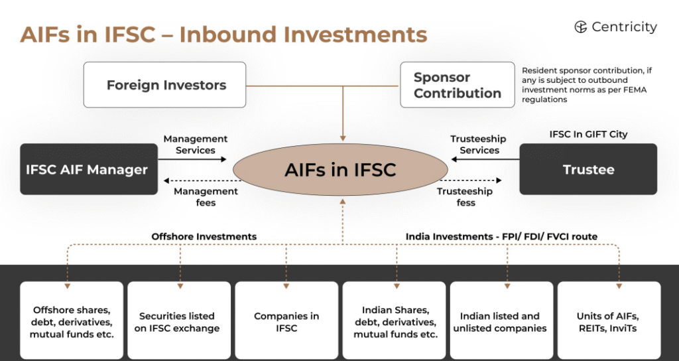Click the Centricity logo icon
(x=581, y=27)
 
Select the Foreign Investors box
(x=165, y=85)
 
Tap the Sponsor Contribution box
(x=457, y=85)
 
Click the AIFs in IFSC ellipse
(x=340, y=170)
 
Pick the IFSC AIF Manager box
(x=87, y=169)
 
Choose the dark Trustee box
(x=588, y=169)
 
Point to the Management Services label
(x=196, y=145)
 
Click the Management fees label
(x=206, y=196)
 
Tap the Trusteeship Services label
(x=478, y=145)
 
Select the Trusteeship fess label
(x=465, y=196)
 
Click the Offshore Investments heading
(x=204, y=236)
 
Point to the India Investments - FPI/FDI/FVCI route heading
(x=501, y=236)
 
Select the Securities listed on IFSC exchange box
(x=179, y=322)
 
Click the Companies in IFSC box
(x=286, y=322)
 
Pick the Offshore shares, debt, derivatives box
(x=72, y=322)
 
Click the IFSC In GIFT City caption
(x=588, y=134)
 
